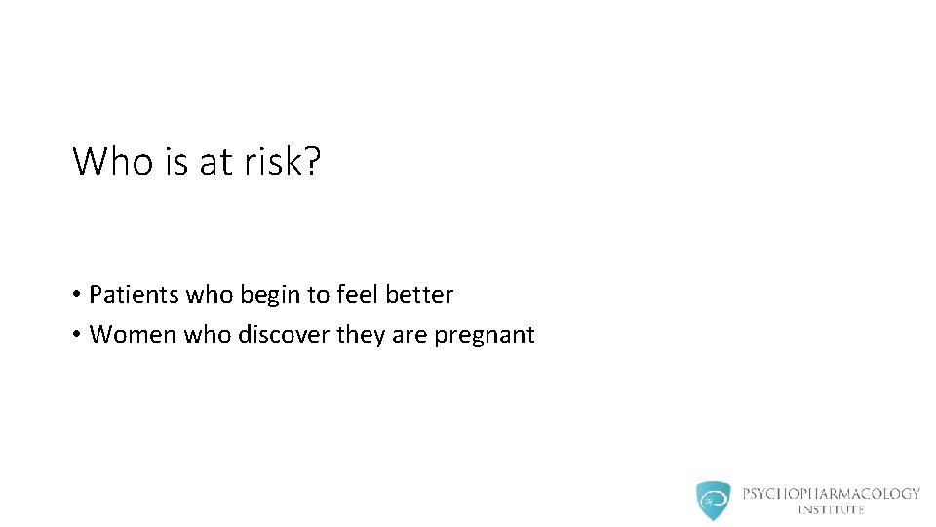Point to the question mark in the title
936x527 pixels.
coord(312,161)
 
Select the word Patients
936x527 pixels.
coord(130,294)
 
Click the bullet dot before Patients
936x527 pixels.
coord(75,295)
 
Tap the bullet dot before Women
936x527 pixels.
coord(75,336)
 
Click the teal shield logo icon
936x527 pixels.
coord(713,500)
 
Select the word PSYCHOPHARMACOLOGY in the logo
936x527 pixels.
coord(831,494)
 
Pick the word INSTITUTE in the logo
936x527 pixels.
coord(831,509)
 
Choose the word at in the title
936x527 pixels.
coord(214,161)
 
